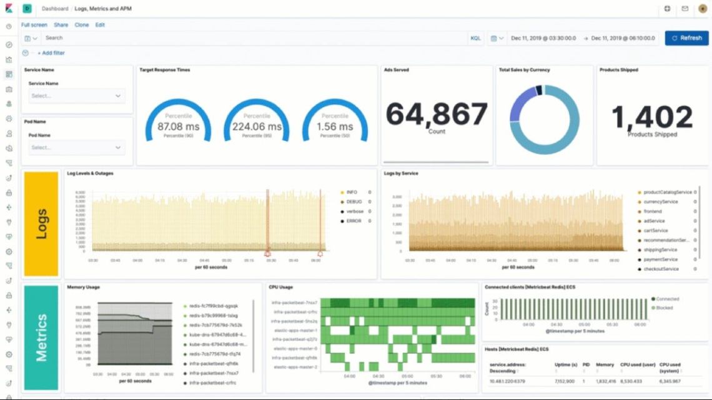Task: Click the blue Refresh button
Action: [x=686, y=38]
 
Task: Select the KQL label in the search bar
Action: [x=475, y=38]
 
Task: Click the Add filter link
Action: [x=53, y=53]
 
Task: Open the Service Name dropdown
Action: [x=76, y=96]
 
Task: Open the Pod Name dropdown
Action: [x=76, y=148]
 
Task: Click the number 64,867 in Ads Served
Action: [x=437, y=115]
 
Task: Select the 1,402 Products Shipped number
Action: [x=652, y=117]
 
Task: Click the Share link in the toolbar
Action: [x=61, y=25]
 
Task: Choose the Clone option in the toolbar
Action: [x=81, y=25]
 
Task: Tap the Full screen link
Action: [x=34, y=25]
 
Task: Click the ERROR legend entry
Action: [x=354, y=221]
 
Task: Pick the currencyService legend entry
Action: [x=660, y=202]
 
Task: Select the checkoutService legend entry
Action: [x=661, y=269]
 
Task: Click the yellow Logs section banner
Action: [x=41, y=224]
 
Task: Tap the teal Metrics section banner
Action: [x=41, y=337]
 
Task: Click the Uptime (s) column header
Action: [x=565, y=364]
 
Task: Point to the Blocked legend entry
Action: [x=665, y=308]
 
